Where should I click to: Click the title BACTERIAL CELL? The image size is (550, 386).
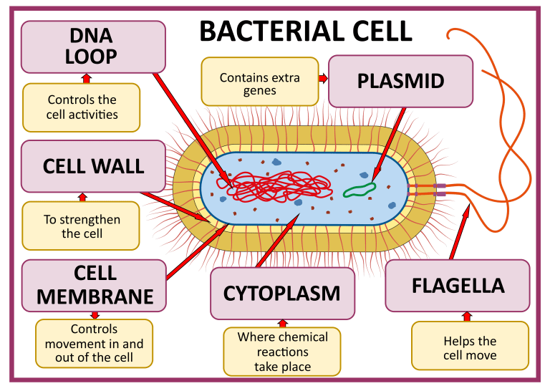coord(305,31)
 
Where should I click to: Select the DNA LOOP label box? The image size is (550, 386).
coord(93,47)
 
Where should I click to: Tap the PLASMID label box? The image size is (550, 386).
coord(400,80)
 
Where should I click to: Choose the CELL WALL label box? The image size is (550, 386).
coord(93,166)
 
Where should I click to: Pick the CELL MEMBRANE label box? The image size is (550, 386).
coord(94,284)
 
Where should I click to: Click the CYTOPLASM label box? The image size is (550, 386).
coord(282,293)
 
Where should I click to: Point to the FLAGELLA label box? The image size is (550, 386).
coord(458,285)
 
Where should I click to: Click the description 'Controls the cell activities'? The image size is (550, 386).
coord(82,107)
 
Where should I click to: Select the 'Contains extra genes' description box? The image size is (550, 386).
coord(259,84)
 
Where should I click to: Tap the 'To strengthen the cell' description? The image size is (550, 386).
coord(82,226)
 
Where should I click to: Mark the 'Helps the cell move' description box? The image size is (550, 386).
coord(470,348)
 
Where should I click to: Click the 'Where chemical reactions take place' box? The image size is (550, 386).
coord(282,351)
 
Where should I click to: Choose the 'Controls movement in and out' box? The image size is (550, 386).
coord(94,344)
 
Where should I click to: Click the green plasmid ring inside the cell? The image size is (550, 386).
coord(359,188)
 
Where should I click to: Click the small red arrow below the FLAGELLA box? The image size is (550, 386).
coord(468,316)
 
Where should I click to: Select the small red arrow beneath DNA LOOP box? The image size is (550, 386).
coord(87,77)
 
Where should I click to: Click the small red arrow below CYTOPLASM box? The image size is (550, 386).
coord(282,323)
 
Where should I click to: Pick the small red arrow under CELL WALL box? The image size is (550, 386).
coord(82,196)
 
